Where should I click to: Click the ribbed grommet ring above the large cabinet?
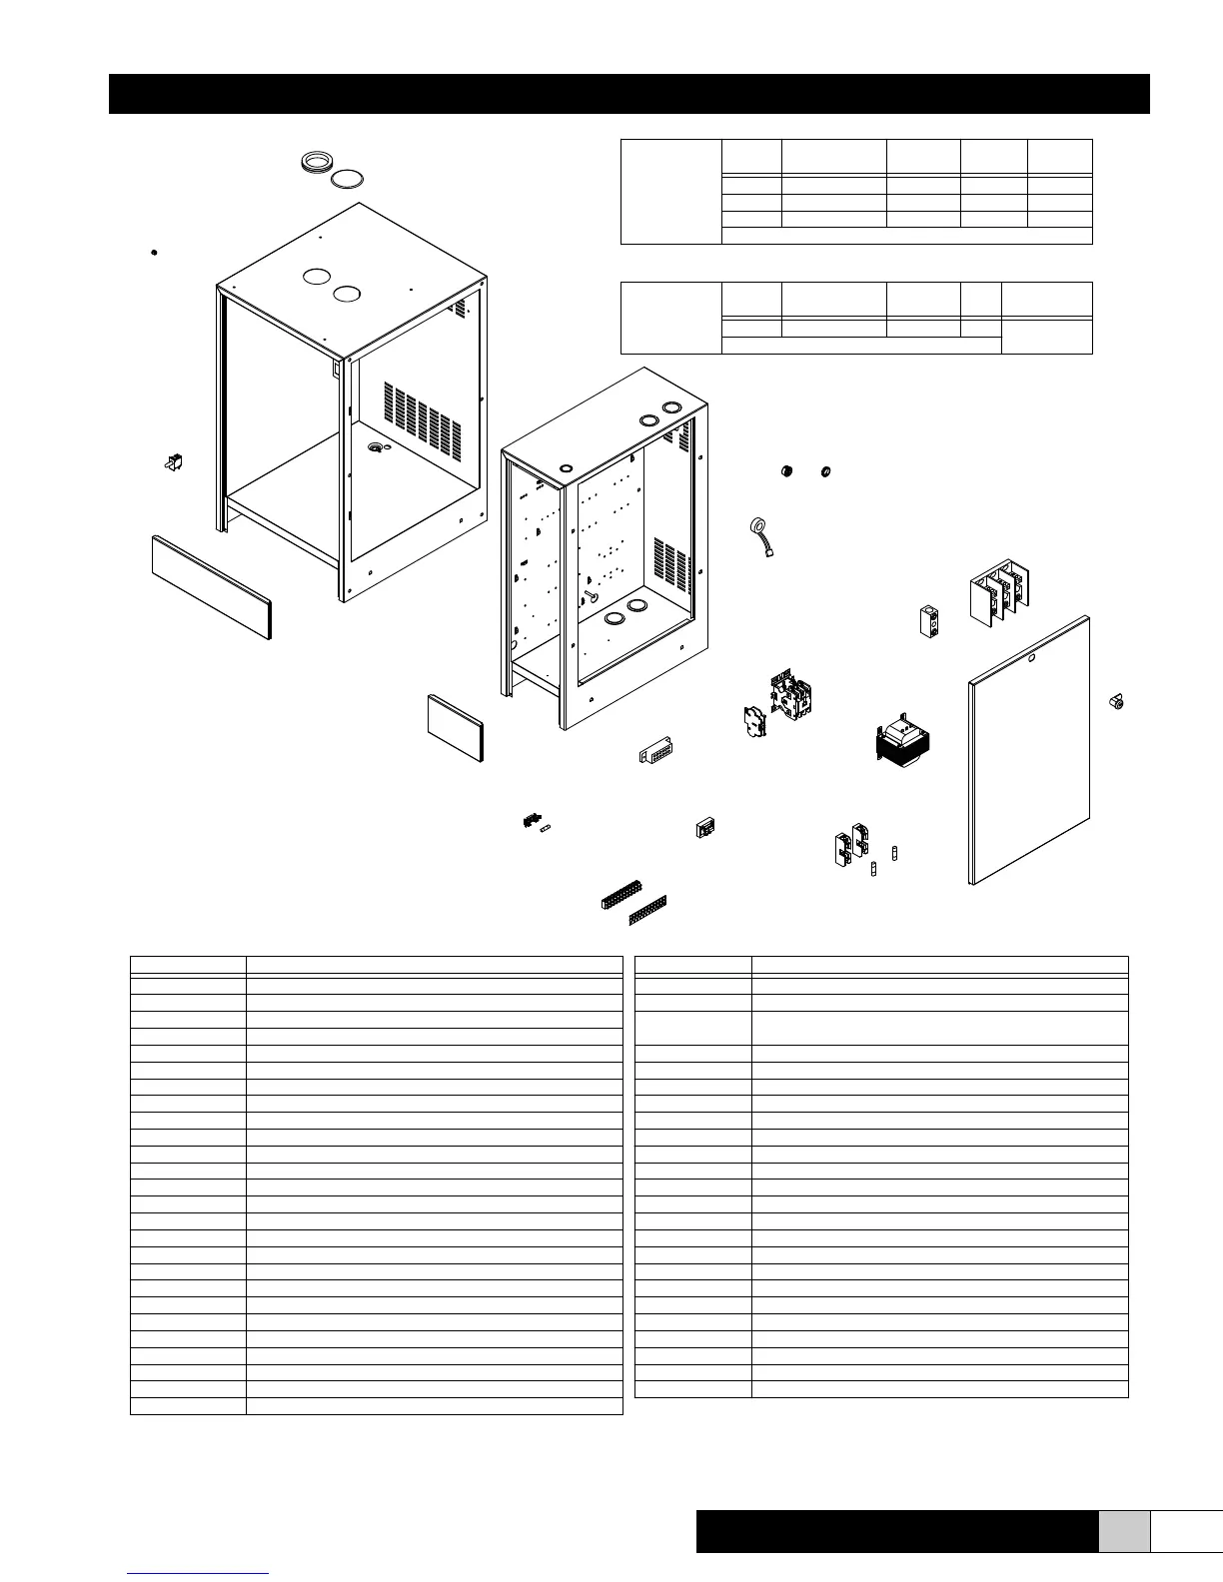click(317, 164)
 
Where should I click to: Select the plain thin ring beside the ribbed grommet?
click(347, 180)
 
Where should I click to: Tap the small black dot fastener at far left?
click(153, 252)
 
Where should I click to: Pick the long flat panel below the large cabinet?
click(211, 585)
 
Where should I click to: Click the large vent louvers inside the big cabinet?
click(422, 414)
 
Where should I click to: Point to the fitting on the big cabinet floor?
click(376, 449)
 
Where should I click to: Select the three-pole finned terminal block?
click(1000, 598)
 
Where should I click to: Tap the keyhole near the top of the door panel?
click(1032, 658)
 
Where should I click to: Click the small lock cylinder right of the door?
click(1117, 703)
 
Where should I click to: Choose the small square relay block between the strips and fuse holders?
click(706, 828)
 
